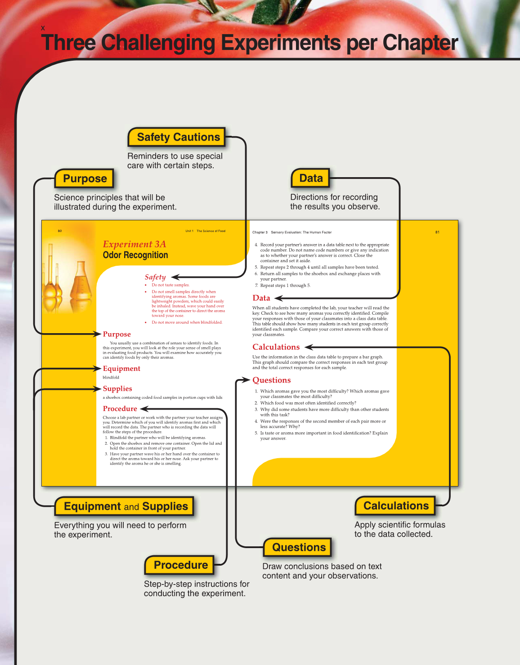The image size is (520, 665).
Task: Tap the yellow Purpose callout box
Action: (84, 179)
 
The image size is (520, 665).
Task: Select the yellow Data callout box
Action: (310, 178)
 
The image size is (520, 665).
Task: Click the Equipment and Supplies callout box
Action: (125, 506)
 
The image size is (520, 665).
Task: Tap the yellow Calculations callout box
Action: (395, 506)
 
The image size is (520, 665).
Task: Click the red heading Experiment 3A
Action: (134, 244)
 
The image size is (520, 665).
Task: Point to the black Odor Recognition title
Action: (135, 255)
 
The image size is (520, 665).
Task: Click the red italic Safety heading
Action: (155, 277)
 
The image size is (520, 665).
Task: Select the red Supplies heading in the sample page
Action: (117, 388)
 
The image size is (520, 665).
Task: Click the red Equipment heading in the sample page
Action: (121, 369)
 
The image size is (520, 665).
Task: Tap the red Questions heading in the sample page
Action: (271, 380)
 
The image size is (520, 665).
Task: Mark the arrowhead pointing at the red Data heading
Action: (278, 298)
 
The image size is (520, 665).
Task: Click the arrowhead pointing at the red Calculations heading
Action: (309, 347)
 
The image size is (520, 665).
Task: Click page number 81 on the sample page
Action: (437, 232)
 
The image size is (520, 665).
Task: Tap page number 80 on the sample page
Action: (60, 231)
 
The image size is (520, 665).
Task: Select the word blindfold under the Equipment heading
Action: (111, 377)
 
